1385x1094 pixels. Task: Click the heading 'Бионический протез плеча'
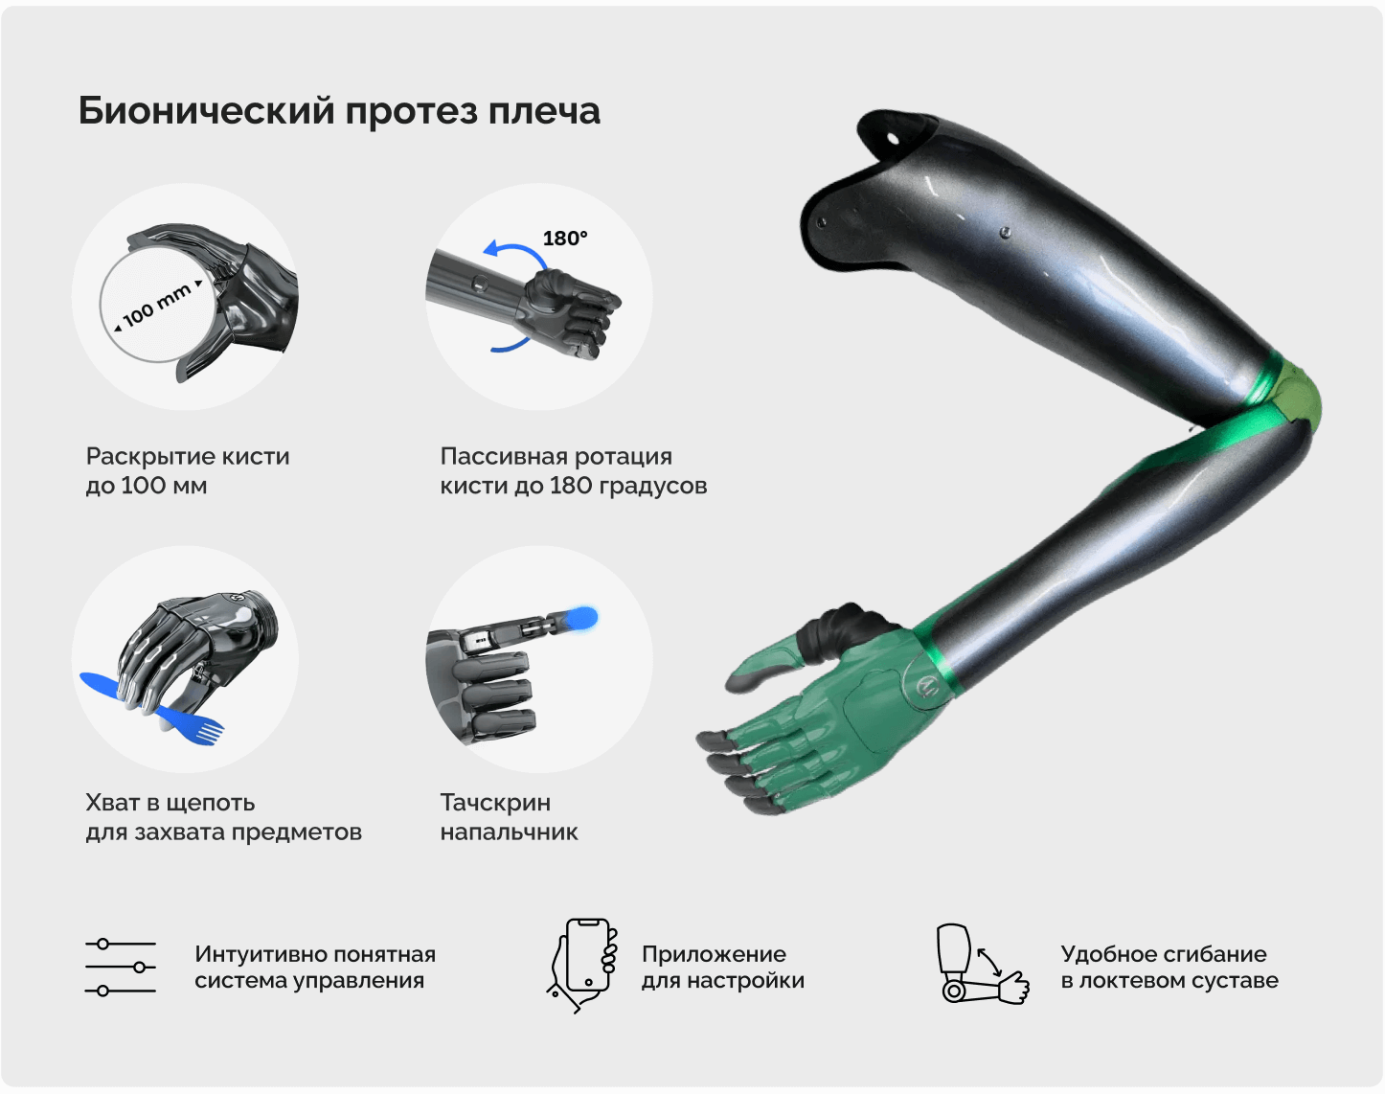point(339,111)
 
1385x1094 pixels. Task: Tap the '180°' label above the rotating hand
point(565,239)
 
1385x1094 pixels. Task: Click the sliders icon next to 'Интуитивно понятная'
point(121,968)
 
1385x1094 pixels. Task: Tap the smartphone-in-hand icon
point(583,966)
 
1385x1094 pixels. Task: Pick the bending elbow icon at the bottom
point(982,964)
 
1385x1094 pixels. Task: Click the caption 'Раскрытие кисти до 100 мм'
point(188,470)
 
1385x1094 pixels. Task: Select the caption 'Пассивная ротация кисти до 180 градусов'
point(574,470)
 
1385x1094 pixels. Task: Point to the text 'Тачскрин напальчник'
point(509,817)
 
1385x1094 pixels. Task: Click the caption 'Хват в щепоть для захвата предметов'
point(223,817)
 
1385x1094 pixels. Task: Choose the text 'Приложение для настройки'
point(723,968)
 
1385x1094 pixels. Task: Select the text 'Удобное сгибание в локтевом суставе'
point(1169,968)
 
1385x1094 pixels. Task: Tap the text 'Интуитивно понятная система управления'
point(315,968)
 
